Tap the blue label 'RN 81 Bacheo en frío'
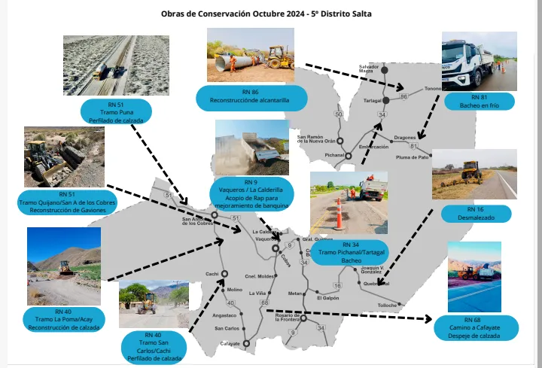pos(480,101)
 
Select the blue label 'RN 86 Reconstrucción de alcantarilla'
pos(252,96)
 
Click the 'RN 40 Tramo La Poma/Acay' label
pos(63,319)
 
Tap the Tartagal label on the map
pos(373,100)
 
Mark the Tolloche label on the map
pos(388,305)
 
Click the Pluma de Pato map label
pos(413,157)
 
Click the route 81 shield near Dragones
pos(413,145)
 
